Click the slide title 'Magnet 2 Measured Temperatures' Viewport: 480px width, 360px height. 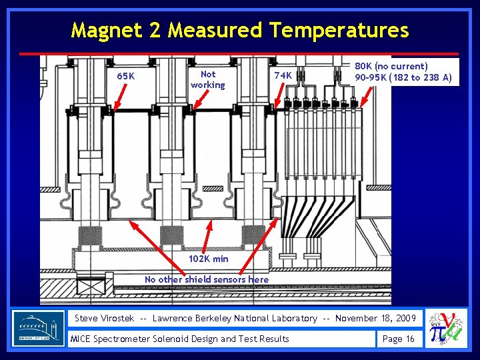239,30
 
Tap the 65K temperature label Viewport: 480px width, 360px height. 125,76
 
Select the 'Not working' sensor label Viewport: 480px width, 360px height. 208,79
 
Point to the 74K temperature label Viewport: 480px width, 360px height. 283,75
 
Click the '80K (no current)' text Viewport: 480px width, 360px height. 391,67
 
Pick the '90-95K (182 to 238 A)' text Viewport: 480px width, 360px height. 403,77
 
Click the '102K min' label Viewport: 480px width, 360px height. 208,259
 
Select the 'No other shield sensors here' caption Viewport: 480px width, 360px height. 207,279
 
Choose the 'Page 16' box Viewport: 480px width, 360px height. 398,339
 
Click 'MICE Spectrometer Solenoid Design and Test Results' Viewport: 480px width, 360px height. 180,339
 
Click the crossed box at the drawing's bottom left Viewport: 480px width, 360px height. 88,288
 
